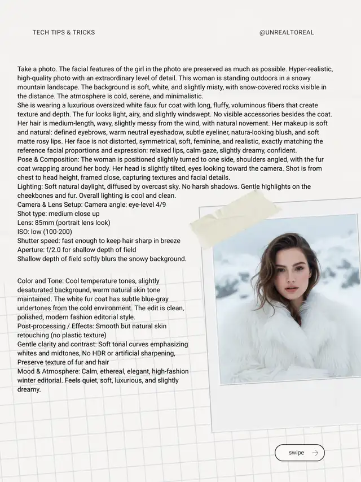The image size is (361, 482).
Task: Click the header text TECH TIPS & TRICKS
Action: [64, 32]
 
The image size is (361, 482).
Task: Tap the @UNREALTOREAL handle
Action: [287, 32]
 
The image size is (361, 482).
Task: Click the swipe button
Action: [300, 453]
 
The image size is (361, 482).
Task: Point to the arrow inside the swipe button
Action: [315, 453]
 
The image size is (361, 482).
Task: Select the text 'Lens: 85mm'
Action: [35, 223]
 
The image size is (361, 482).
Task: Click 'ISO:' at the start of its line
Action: [24, 232]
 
